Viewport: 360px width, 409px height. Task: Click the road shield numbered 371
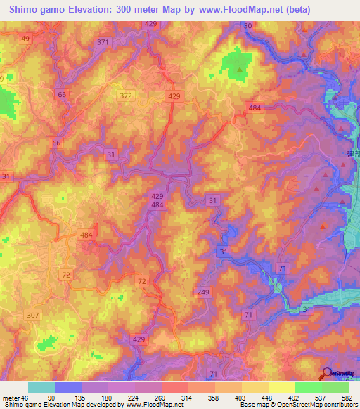[x=103, y=42]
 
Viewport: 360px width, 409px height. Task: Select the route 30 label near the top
[x=247, y=26]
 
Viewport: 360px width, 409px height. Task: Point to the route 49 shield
[x=26, y=39]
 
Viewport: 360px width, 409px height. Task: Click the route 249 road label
[x=204, y=292]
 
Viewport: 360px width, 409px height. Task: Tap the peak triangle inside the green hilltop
[x=240, y=69]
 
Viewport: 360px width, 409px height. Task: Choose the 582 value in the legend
[x=347, y=398]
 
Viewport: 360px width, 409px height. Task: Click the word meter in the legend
[x=12, y=398]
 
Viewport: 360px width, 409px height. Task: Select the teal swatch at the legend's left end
[x=41, y=387]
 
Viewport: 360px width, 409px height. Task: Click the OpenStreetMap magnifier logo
[x=327, y=374]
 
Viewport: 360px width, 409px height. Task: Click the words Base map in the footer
[x=254, y=405]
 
